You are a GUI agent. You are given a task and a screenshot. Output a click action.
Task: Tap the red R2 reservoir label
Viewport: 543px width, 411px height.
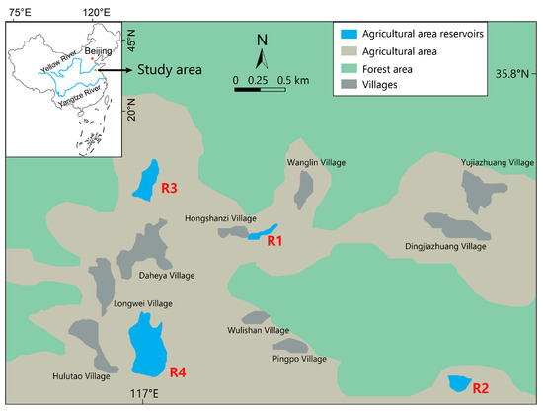coord(481,388)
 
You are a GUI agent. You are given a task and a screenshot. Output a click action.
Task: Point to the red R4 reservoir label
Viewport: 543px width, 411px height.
coord(178,372)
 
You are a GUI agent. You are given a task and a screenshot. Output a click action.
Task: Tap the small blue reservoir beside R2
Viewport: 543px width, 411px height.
coord(458,382)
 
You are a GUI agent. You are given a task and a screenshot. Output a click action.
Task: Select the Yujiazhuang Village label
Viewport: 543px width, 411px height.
coord(497,161)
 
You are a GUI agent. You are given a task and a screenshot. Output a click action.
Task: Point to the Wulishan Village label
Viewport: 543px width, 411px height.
coord(257,330)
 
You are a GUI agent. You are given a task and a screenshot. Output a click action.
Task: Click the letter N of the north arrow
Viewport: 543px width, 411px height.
coord(262,41)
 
